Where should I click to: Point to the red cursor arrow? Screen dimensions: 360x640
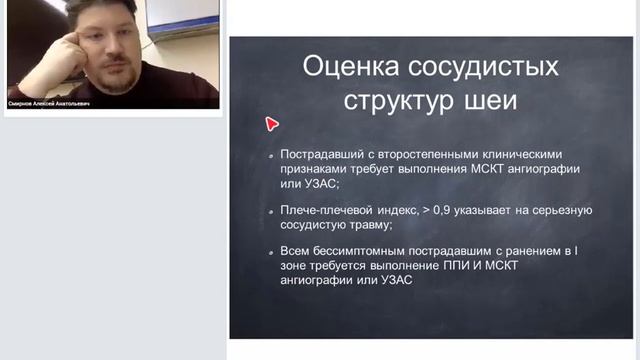click(x=271, y=123)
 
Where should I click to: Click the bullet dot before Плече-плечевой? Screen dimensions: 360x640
click(x=272, y=212)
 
